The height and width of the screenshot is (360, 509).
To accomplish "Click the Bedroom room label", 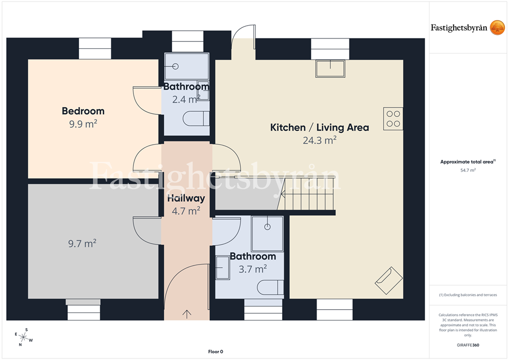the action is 83,111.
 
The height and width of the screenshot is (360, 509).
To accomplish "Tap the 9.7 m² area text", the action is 82,243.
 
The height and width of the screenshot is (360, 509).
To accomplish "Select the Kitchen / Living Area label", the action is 320,128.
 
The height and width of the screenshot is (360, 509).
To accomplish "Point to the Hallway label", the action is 186,198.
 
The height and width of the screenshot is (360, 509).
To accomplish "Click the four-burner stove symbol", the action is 393,118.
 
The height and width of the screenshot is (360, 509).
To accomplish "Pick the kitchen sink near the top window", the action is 330,69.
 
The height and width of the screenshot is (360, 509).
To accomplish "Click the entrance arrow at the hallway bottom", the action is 187,314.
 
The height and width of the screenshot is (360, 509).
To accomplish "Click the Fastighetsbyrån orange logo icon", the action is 497,28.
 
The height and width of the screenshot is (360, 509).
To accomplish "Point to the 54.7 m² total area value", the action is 468,170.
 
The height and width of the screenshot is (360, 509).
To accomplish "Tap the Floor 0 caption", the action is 216,352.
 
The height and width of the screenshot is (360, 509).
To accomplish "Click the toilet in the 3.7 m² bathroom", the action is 270,288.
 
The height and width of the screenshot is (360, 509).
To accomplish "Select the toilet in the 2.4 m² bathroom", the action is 196,118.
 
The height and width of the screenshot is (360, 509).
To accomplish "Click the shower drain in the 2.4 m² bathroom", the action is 175,67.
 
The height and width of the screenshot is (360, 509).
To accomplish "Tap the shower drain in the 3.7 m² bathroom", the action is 267,227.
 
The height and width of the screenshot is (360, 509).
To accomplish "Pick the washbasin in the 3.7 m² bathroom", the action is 223,268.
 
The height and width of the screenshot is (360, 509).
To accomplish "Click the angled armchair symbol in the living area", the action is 389,281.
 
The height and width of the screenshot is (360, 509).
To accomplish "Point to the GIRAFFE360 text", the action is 468,345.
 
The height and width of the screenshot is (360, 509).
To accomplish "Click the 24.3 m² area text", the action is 320,141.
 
